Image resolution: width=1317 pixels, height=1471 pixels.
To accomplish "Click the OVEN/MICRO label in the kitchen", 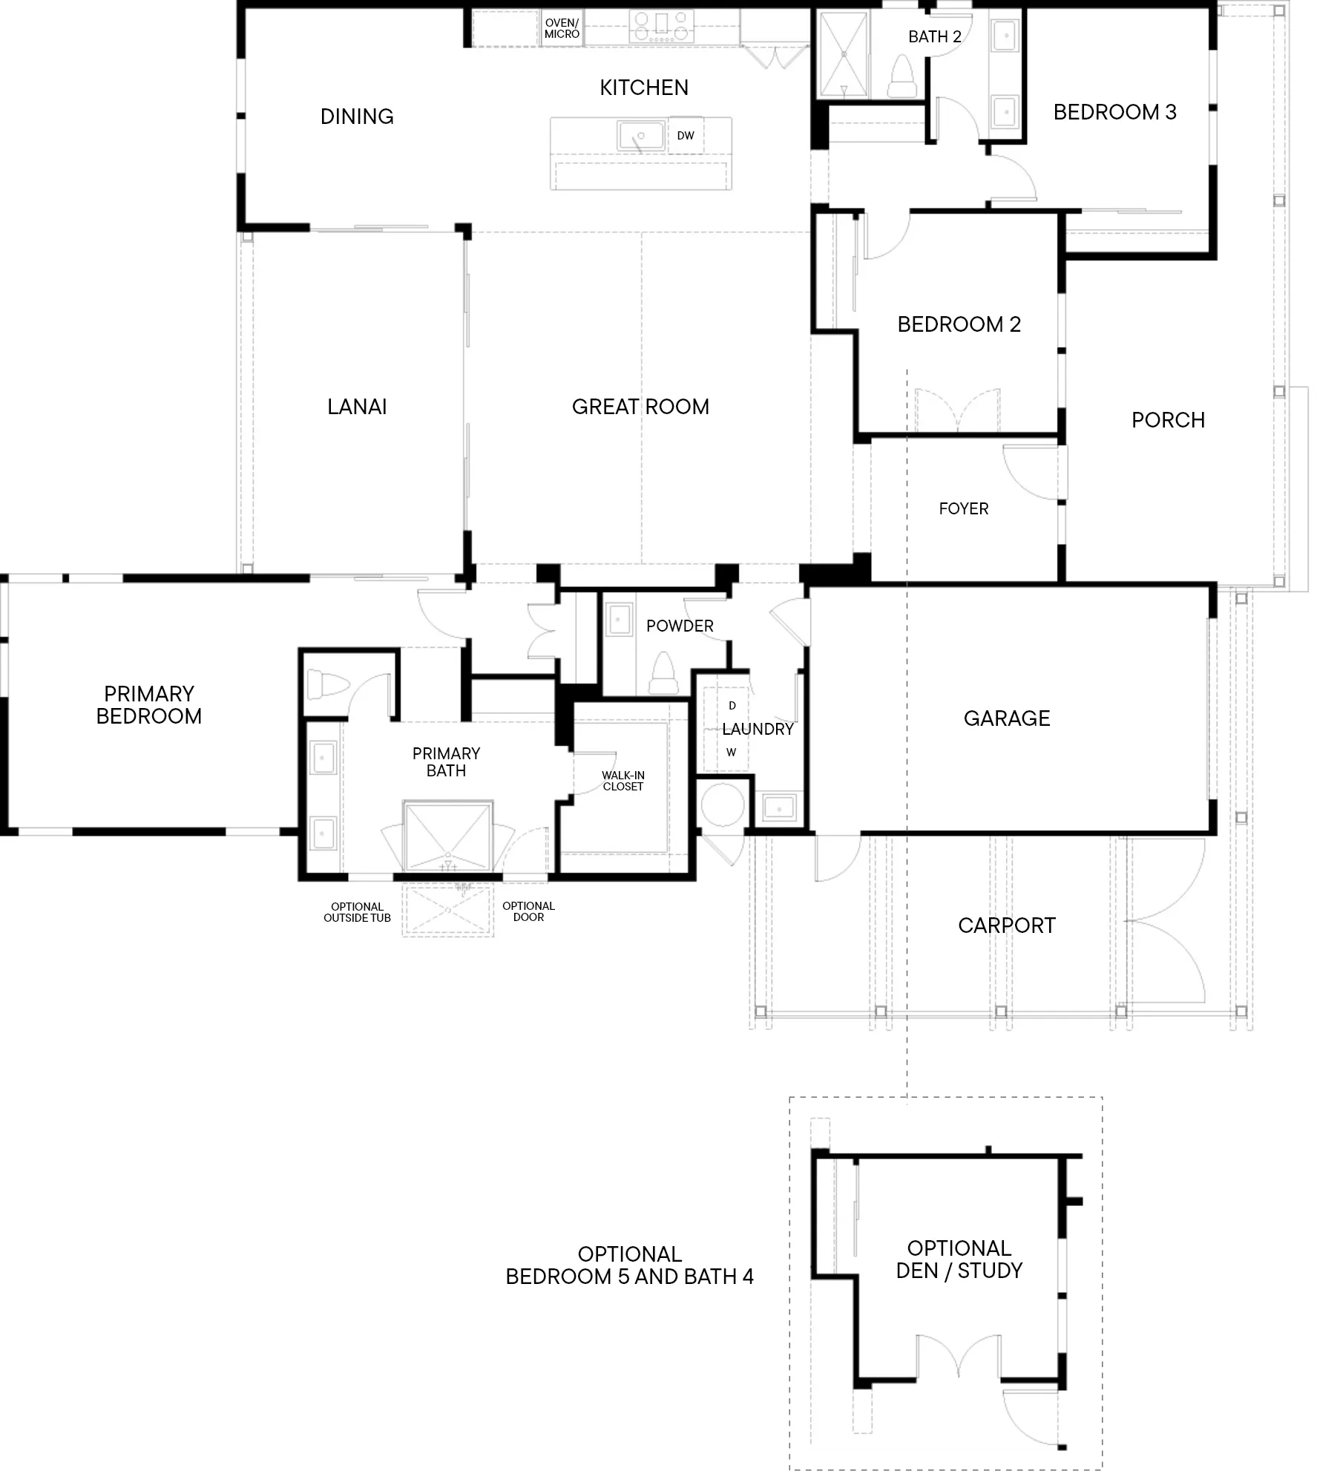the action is pos(562,29).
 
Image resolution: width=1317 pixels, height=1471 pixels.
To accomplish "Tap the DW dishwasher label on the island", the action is pos(686,136).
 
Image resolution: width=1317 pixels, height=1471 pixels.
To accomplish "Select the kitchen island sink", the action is pos(640,137).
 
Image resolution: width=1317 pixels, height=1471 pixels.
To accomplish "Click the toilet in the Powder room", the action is pos(662,673).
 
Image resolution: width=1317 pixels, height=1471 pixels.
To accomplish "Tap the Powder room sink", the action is pos(619,620).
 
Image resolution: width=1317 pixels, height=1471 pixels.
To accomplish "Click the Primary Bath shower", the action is pos(448,834).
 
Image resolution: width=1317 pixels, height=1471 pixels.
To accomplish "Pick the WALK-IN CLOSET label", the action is pos(623,781).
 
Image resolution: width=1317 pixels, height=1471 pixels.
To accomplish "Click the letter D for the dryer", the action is pos(732,706).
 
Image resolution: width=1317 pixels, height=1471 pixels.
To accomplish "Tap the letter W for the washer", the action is pos(732,753).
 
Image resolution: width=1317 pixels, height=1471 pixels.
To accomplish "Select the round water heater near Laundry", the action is pos(723,805).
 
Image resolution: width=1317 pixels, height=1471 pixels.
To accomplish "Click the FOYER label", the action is pos(964,509).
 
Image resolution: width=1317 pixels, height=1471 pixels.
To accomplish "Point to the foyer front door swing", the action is pos(1031,472).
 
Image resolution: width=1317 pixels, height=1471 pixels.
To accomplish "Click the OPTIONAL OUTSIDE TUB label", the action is pos(357,912).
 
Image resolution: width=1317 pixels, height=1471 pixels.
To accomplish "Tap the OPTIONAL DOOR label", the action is pos(528,911).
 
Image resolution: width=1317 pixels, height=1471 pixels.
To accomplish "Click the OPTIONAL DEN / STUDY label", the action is pos(959,1259).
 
